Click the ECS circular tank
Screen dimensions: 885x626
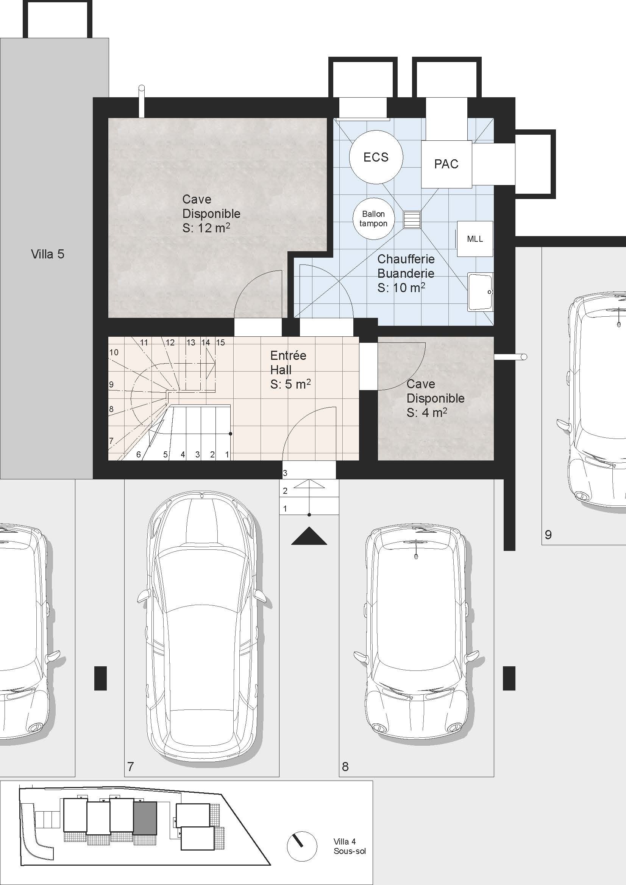376,157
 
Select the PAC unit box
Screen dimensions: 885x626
446,164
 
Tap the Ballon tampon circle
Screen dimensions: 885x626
373,219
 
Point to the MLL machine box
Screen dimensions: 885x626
475,239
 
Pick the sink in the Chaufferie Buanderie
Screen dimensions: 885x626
480,292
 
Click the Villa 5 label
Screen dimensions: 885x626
47,254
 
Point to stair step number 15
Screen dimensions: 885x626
220,342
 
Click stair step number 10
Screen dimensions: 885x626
114,352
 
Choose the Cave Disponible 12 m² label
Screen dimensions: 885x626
211,213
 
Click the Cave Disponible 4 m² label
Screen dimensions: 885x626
435,398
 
